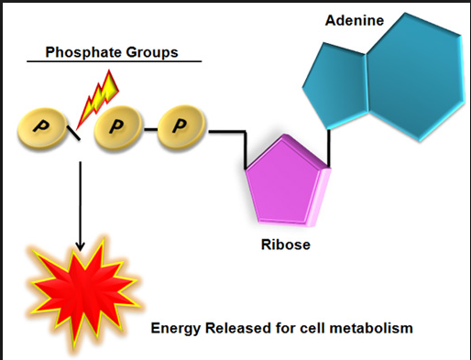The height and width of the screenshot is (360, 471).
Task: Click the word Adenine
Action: (355, 20)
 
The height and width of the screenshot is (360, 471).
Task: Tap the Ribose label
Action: (286, 245)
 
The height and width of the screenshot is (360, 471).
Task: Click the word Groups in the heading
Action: (152, 52)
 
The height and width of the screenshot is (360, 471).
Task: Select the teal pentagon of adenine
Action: (335, 85)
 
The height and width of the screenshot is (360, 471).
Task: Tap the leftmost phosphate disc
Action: (42, 129)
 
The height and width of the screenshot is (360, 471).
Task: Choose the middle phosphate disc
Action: (118, 127)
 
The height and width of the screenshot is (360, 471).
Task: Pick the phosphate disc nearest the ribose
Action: (181, 127)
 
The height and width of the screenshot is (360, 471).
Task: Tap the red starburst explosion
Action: (83, 293)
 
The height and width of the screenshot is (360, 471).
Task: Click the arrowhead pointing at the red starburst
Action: (80, 246)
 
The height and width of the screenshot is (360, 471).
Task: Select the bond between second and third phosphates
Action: (150, 129)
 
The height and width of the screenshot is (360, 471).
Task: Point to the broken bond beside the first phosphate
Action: (73, 133)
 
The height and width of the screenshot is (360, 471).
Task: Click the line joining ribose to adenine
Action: (329, 147)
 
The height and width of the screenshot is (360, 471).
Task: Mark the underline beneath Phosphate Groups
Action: (115, 61)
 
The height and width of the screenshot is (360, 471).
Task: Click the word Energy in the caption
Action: (176, 329)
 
